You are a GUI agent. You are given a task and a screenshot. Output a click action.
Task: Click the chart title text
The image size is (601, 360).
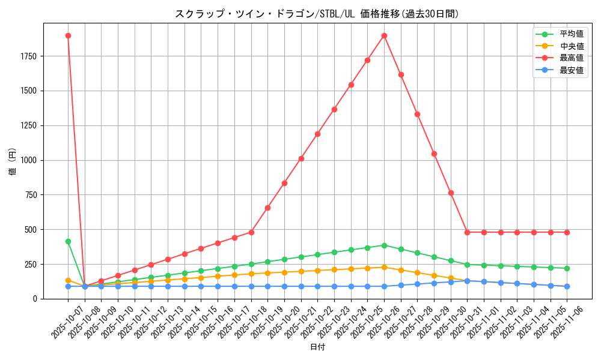tap(317, 13)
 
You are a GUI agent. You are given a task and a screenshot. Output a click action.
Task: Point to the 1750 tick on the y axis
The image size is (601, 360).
tap(28, 56)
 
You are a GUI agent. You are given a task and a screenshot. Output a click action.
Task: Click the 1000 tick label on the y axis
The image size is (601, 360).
tap(28, 160)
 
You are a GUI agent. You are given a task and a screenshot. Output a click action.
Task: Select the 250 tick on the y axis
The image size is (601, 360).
tap(31, 265)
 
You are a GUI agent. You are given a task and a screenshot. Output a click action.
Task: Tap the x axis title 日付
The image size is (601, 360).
tap(317, 347)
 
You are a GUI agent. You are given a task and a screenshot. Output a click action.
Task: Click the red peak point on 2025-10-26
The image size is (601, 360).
tap(384, 35)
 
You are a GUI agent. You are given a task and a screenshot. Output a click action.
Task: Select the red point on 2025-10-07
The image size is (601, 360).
tap(68, 35)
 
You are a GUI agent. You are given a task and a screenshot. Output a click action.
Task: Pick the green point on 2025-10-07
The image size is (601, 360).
tap(68, 241)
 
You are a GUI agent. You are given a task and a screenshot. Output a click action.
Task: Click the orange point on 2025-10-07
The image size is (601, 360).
tap(68, 280)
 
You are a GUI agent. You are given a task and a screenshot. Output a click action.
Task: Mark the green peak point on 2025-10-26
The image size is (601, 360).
tap(384, 245)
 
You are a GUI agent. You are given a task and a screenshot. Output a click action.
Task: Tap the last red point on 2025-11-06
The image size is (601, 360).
tap(567, 232)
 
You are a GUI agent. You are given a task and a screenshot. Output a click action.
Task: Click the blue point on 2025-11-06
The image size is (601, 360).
tap(567, 286)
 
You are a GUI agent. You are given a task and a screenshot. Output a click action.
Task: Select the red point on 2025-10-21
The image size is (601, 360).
tap(301, 158)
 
